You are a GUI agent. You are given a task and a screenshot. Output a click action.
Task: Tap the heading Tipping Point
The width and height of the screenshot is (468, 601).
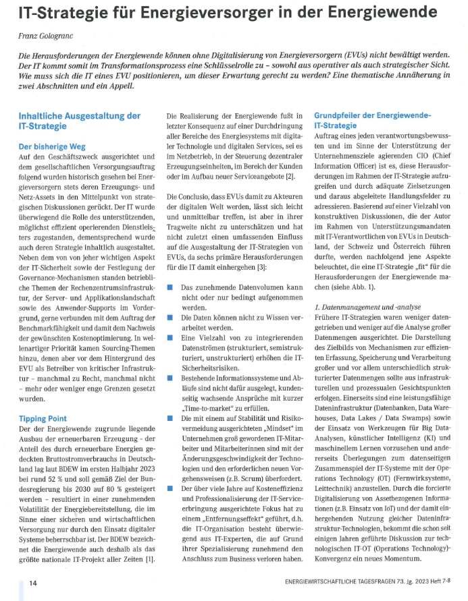(x=42, y=418)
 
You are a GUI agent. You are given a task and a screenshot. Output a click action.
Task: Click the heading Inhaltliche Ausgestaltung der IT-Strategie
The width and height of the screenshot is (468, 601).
(x=79, y=121)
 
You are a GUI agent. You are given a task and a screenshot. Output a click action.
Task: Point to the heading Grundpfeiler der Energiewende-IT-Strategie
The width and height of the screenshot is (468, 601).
(x=372, y=121)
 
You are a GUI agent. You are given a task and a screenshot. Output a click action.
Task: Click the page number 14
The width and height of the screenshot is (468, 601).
(x=32, y=582)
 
